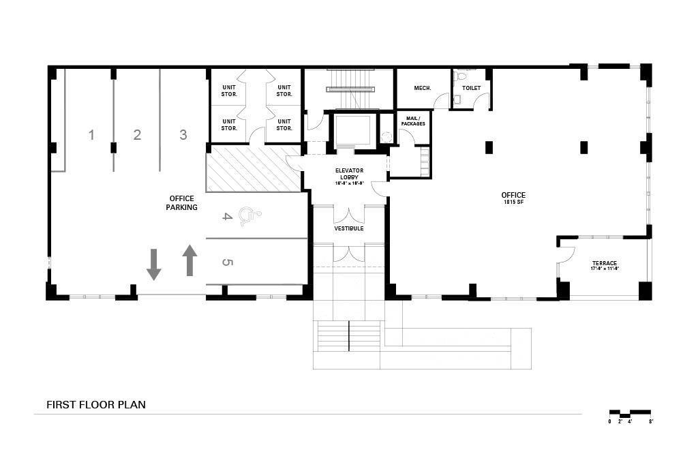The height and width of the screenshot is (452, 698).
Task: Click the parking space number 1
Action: click(x=91, y=135)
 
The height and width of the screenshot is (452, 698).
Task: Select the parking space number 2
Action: click(x=137, y=135)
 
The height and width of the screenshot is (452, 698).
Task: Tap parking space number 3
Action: click(x=183, y=135)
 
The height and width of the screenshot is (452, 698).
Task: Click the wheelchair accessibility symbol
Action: click(x=252, y=217)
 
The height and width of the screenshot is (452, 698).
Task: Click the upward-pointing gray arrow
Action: click(x=189, y=260)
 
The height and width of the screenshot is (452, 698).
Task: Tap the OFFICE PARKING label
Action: click(x=181, y=202)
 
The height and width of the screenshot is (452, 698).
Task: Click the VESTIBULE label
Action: click(x=348, y=228)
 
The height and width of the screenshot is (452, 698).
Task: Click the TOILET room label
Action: click(x=471, y=88)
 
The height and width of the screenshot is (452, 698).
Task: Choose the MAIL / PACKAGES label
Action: click(x=413, y=121)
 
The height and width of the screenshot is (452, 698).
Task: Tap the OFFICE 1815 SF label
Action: click(x=513, y=198)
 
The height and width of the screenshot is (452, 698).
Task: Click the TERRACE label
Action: click(x=604, y=265)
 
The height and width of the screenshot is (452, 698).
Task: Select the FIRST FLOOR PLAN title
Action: click(x=96, y=404)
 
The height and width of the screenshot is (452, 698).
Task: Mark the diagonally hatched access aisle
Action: click(x=254, y=168)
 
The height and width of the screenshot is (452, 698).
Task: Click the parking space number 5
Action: click(x=228, y=262)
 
